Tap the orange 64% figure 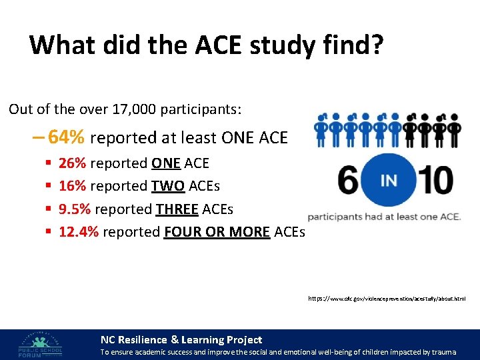[x=67, y=137]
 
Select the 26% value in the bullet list [x=72, y=163]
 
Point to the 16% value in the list [x=72, y=186]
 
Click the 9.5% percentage [x=75, y=209]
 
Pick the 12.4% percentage [x=78, y=232]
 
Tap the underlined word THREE [x=176, y=209]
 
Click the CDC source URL [x=387, y=300]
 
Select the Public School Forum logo [x=40, y=344]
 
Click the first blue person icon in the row [x=321, y=129]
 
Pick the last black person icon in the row [x=455, y=129]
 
